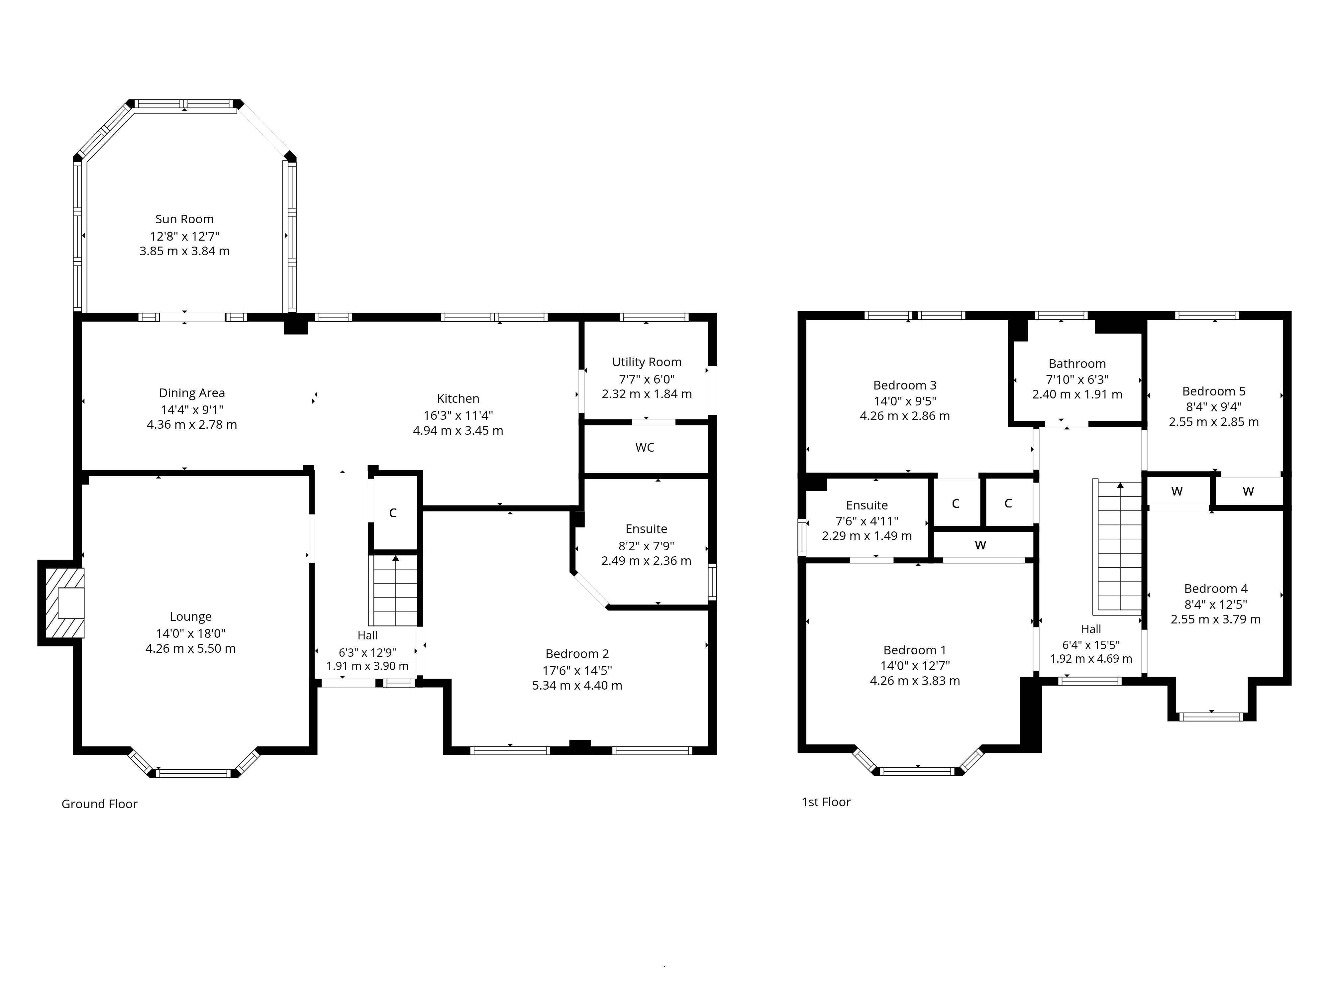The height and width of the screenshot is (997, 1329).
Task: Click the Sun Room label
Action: pos(184,219)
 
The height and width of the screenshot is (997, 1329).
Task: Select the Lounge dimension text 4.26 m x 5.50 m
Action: pos(190,648)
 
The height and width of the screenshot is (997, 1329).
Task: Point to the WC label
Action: pos(645,447)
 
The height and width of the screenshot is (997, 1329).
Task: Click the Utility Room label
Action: pos(647,362)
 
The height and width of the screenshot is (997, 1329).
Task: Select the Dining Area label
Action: pos(192,393)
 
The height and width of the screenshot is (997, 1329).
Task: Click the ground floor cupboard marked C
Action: pos(393,512)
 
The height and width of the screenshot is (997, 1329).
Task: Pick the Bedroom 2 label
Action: pos(577,654)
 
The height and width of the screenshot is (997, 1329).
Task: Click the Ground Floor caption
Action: pos(100,804)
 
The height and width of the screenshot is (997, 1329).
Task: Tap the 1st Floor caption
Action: pos(826,802)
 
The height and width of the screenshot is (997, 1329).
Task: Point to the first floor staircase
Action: pos(1119,547)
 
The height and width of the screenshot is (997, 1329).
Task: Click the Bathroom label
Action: pos(1077,364)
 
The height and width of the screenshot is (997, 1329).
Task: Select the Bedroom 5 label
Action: pos(1214,391)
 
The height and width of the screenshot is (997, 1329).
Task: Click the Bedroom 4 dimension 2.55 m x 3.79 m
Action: pos(1215,619)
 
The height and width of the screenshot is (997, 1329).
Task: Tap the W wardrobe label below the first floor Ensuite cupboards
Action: pos(980,545)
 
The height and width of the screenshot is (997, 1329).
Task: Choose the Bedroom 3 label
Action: pos(905,385)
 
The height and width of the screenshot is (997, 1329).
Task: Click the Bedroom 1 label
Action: pos(914,650)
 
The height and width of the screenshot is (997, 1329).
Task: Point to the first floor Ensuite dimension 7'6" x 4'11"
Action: pos(867,521)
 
